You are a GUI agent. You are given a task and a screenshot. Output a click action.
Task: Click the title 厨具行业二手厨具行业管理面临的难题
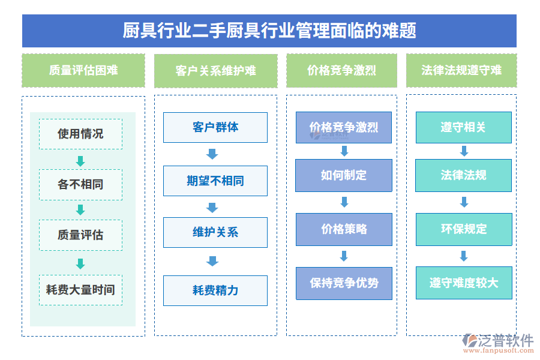point(269,31)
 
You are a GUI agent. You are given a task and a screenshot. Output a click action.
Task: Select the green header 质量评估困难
point(83,70)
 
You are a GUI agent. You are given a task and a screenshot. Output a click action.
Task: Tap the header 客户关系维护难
point(215,71)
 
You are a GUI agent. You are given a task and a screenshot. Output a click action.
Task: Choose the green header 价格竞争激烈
point(341,70)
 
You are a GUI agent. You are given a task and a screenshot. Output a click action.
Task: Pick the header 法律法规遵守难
point(461,70)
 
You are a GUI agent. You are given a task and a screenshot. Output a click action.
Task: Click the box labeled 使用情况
point(80,134)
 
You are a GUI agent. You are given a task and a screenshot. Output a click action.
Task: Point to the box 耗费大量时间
point(80,290)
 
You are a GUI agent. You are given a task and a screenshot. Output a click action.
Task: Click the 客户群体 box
point(215,127)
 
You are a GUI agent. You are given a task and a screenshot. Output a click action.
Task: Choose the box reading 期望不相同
point(215,181)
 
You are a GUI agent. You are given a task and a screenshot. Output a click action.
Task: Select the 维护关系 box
point(215,232)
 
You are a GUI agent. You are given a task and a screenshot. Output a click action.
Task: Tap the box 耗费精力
point(215,290)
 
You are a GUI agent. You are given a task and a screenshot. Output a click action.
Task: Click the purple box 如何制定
point(343,175)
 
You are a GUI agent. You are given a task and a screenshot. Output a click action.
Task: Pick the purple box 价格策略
point(343,229)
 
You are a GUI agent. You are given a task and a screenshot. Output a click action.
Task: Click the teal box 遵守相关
point(464,127)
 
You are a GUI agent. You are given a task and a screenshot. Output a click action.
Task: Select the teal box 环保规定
point(464,229)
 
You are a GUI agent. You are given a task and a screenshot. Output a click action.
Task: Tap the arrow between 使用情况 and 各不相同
point(80,161)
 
